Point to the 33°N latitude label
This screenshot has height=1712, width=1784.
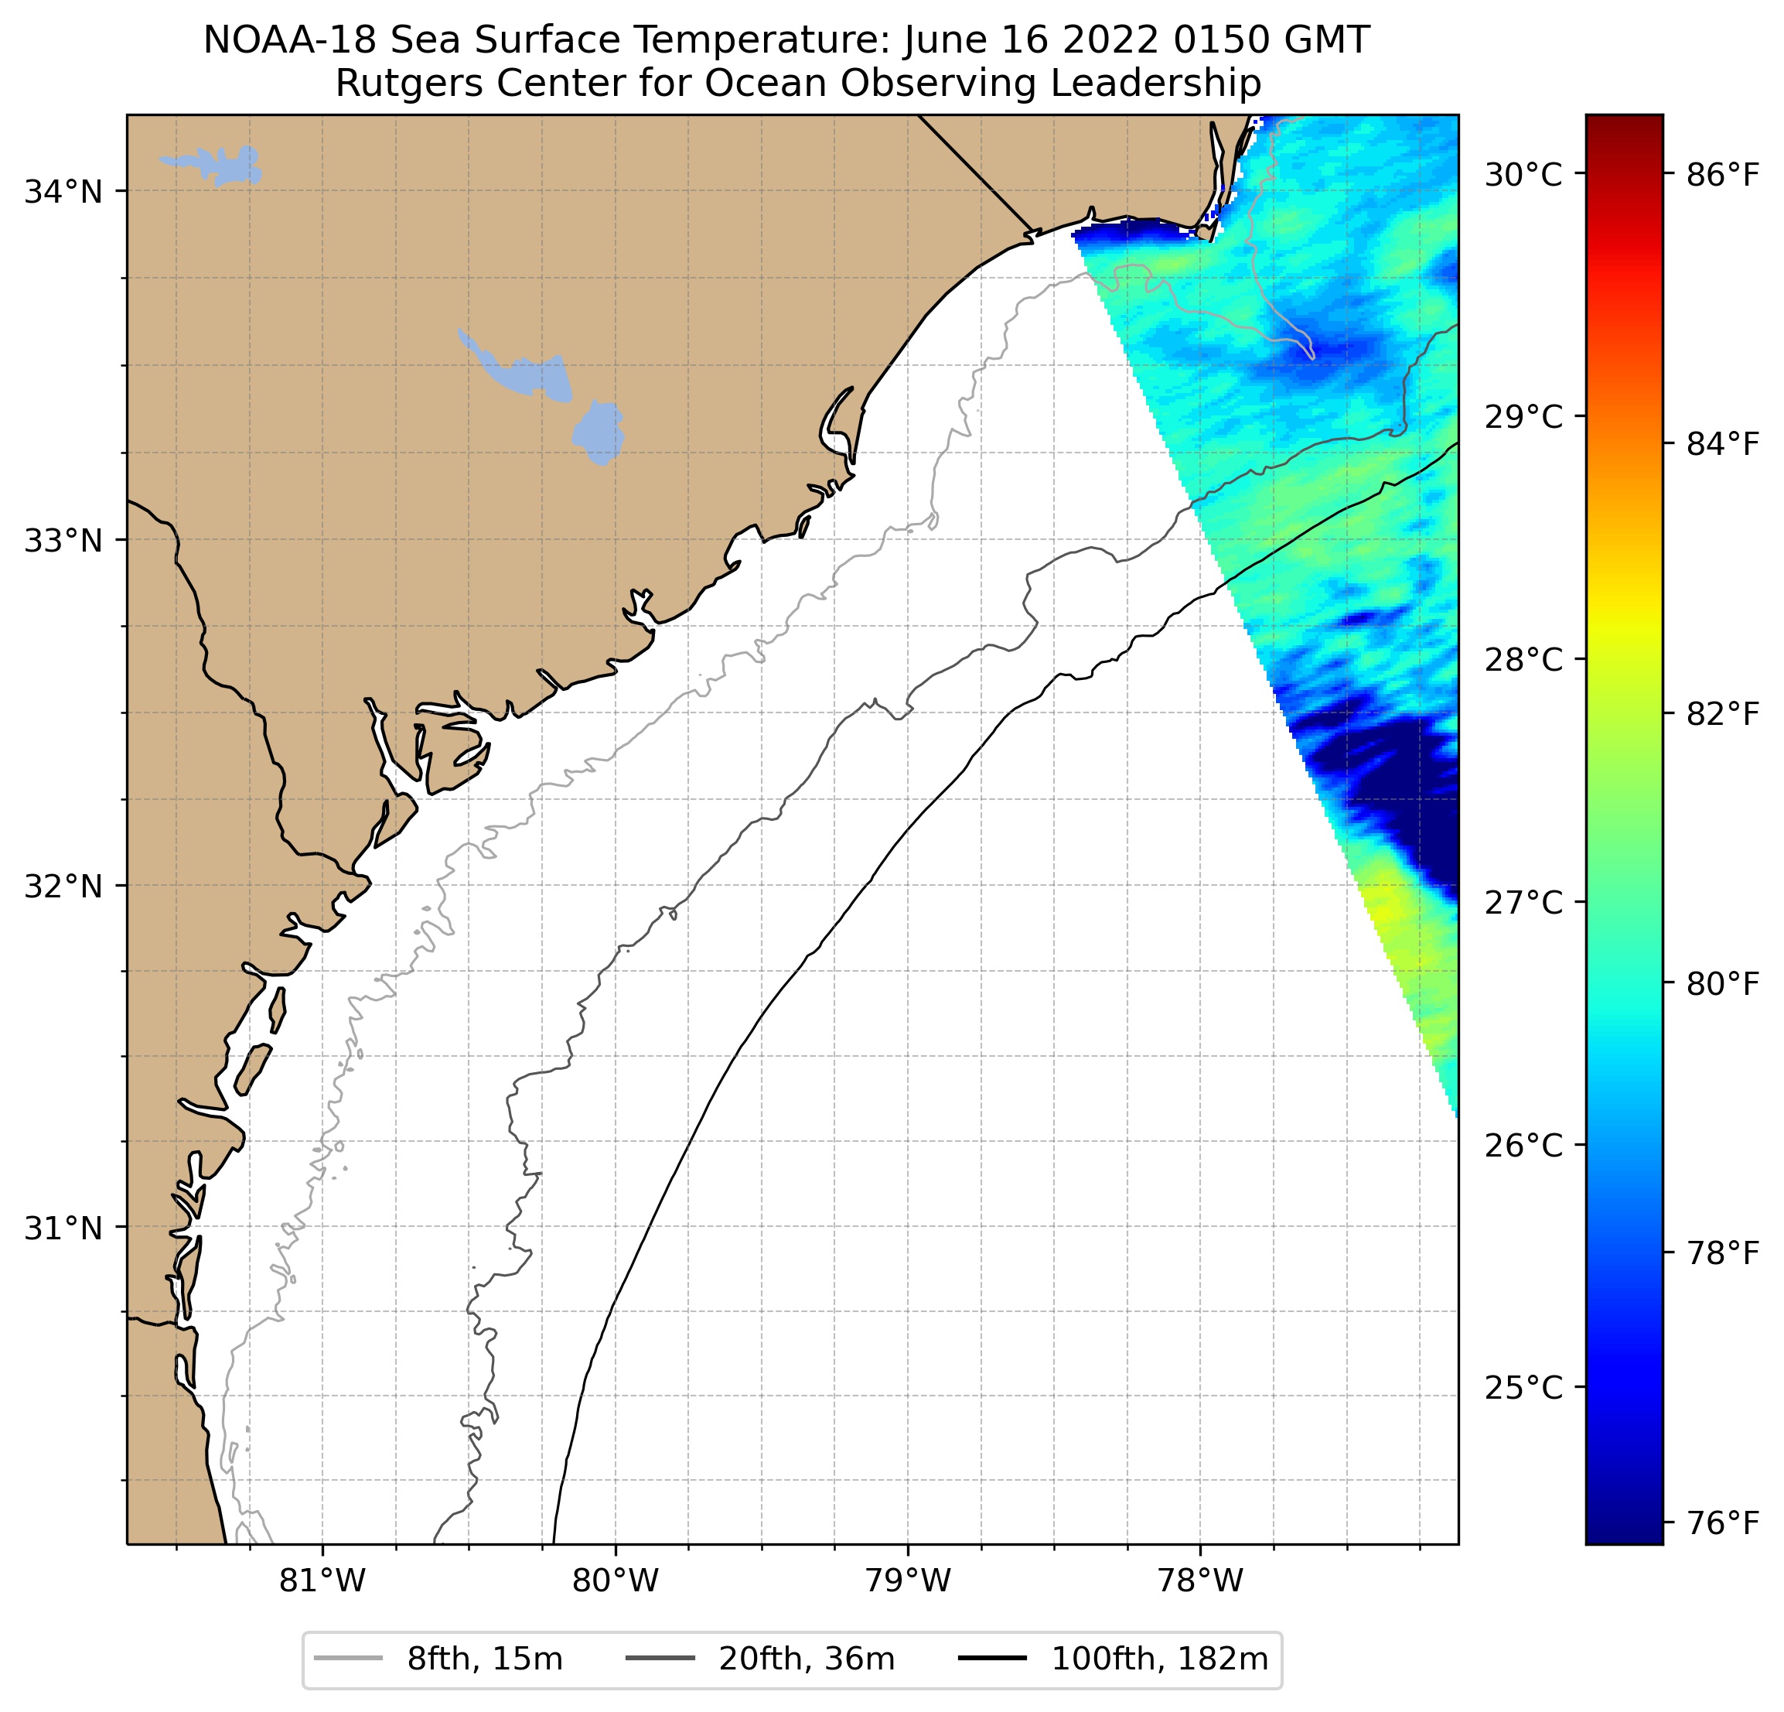pyautogui.click(x=63, y=541)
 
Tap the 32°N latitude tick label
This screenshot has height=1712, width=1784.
pyautogui.click(x=63, y=886)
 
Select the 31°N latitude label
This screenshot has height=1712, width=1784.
pyautogui.click(x=63, y=1228)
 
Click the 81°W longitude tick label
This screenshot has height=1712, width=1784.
pyautogui.click(x=322, y=1582)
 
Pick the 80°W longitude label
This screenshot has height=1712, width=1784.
pyautogui.click(x=616, y=1582)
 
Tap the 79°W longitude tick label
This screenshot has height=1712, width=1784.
pyautogui.click(x=908, y=1582)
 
